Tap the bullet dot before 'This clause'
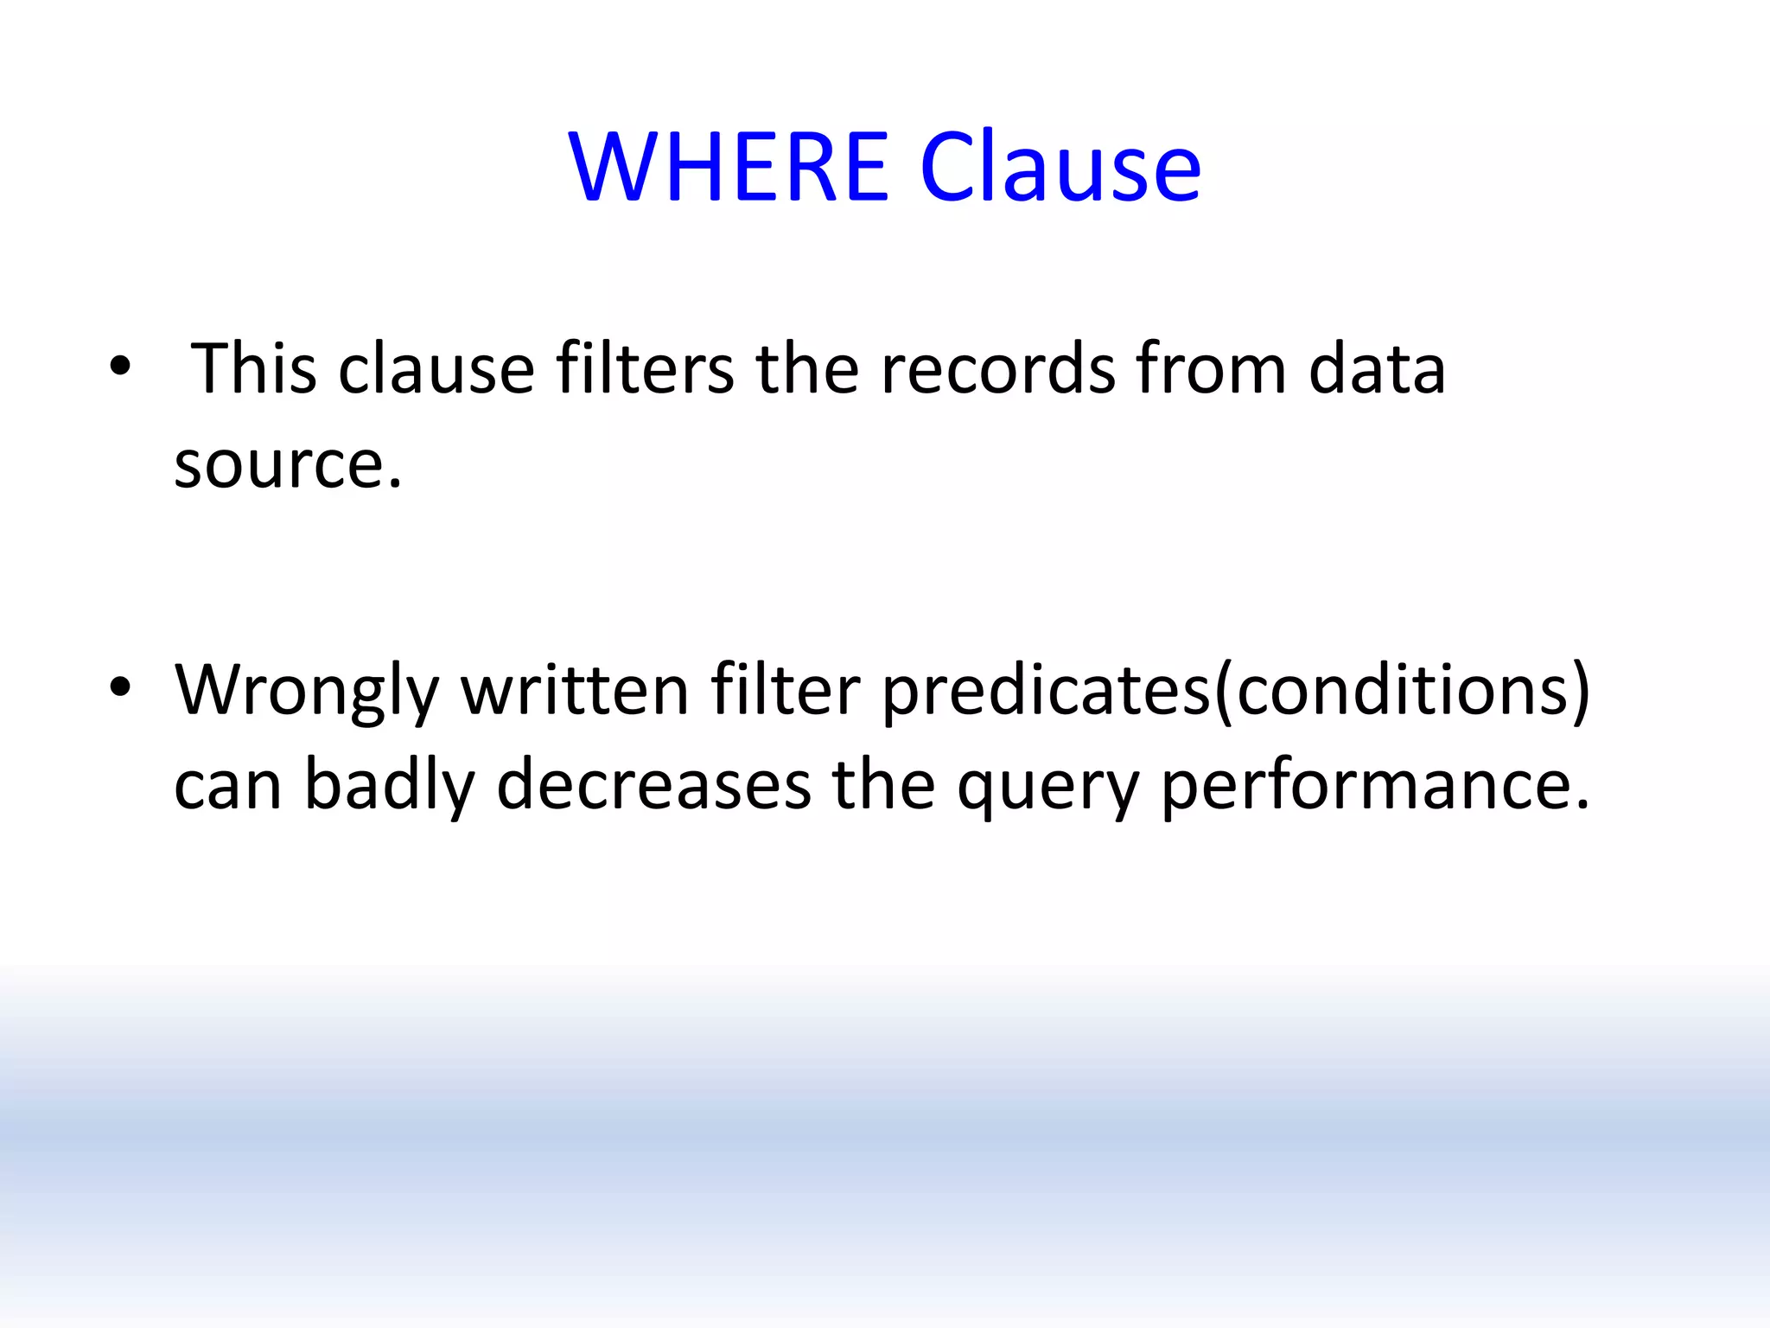pyautogui.click(x=120, y=367)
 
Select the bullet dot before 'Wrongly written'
pyautogui.click(x=120, y=687)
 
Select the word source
pyautogui.click(x=288, y=465)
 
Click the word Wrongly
pyautogui.click(x=307, y=692)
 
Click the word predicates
pyautogui.click(x=1047, y=692)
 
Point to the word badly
pyautogui.click(x=390, y=787)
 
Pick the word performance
pyautogui.click(x=1374, y=787)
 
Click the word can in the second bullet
pyautogui.click(x=228, y=787)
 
